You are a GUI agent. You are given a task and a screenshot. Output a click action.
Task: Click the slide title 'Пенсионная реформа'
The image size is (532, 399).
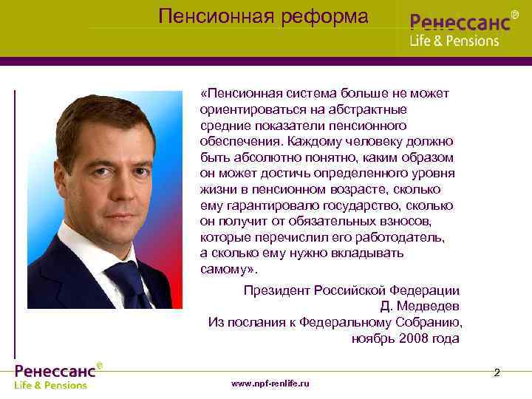pos(263,16)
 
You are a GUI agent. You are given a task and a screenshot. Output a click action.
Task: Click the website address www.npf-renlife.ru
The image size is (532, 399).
pos(270,383)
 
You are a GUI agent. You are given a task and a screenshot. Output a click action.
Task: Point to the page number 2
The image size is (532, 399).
pos(497,372)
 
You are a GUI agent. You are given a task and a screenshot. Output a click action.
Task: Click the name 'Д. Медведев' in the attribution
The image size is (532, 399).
pos(420,307)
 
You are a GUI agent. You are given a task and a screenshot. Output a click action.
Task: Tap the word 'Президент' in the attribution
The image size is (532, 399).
pos(276,290)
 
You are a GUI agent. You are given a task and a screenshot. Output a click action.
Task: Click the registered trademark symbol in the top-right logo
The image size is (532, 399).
pos(514,13)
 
